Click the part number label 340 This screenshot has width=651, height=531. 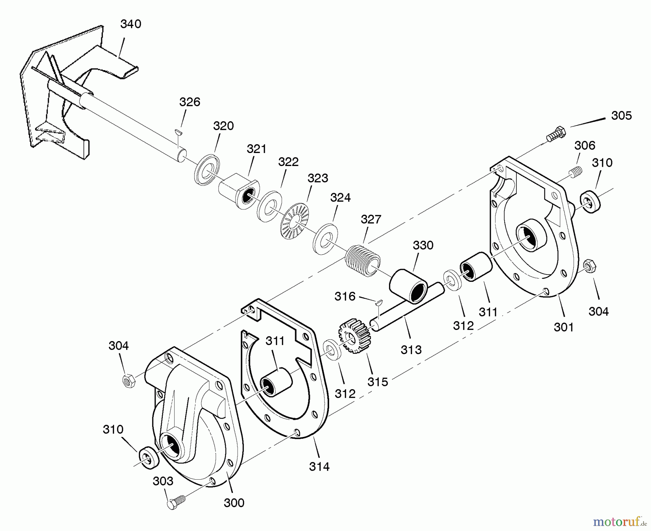tap(131, 24)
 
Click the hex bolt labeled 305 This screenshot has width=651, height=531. tap(555, 134)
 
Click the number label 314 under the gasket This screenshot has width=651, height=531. tap(319, 467)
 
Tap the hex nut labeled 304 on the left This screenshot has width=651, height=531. tap(128, 381)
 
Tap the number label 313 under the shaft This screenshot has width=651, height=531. tap(411, 350)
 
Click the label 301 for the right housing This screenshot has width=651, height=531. tap(563, 327)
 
